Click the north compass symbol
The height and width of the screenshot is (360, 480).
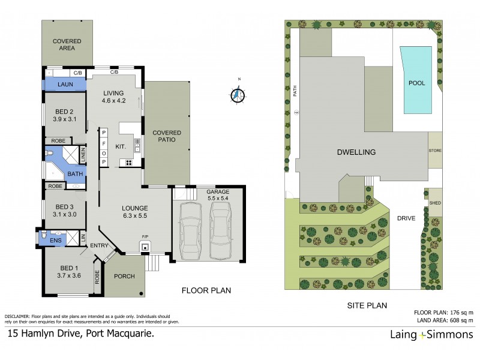(238, 94)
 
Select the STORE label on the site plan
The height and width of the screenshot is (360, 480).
(434, 150)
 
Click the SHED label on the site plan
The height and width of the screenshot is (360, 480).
(434, 203)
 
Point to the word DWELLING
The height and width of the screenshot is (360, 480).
(356, 152)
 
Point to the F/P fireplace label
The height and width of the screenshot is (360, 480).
(144, 237)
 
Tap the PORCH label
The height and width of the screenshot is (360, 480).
(123, 277)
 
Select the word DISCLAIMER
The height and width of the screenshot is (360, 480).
(18, 316)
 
